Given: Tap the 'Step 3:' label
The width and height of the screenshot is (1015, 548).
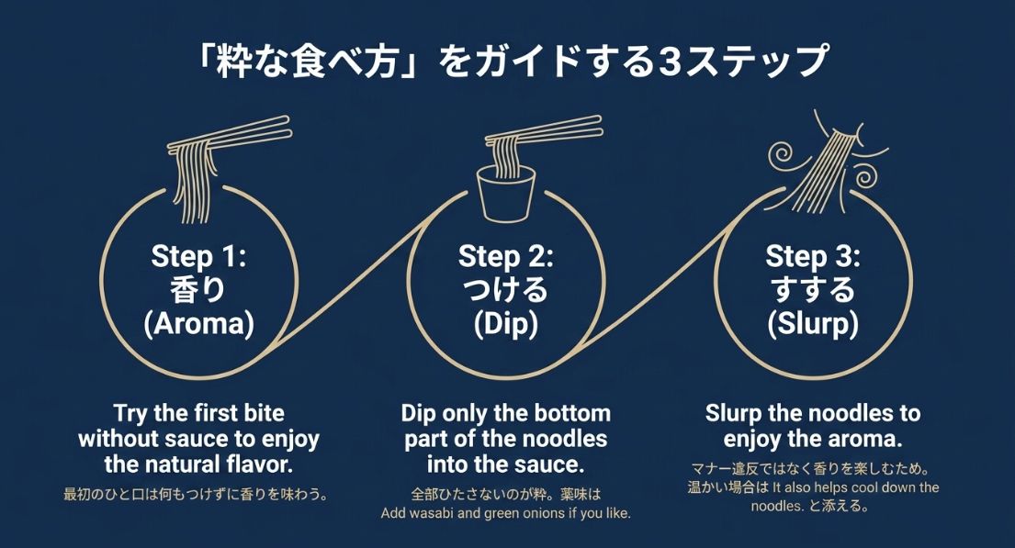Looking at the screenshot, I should tap(812, 255).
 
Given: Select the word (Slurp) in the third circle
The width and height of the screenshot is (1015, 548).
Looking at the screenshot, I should tap(812, 324).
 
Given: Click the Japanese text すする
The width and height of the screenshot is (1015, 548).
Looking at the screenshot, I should tap(812, 290).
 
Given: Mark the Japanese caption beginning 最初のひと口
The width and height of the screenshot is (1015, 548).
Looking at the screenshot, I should tap(196, 495).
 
